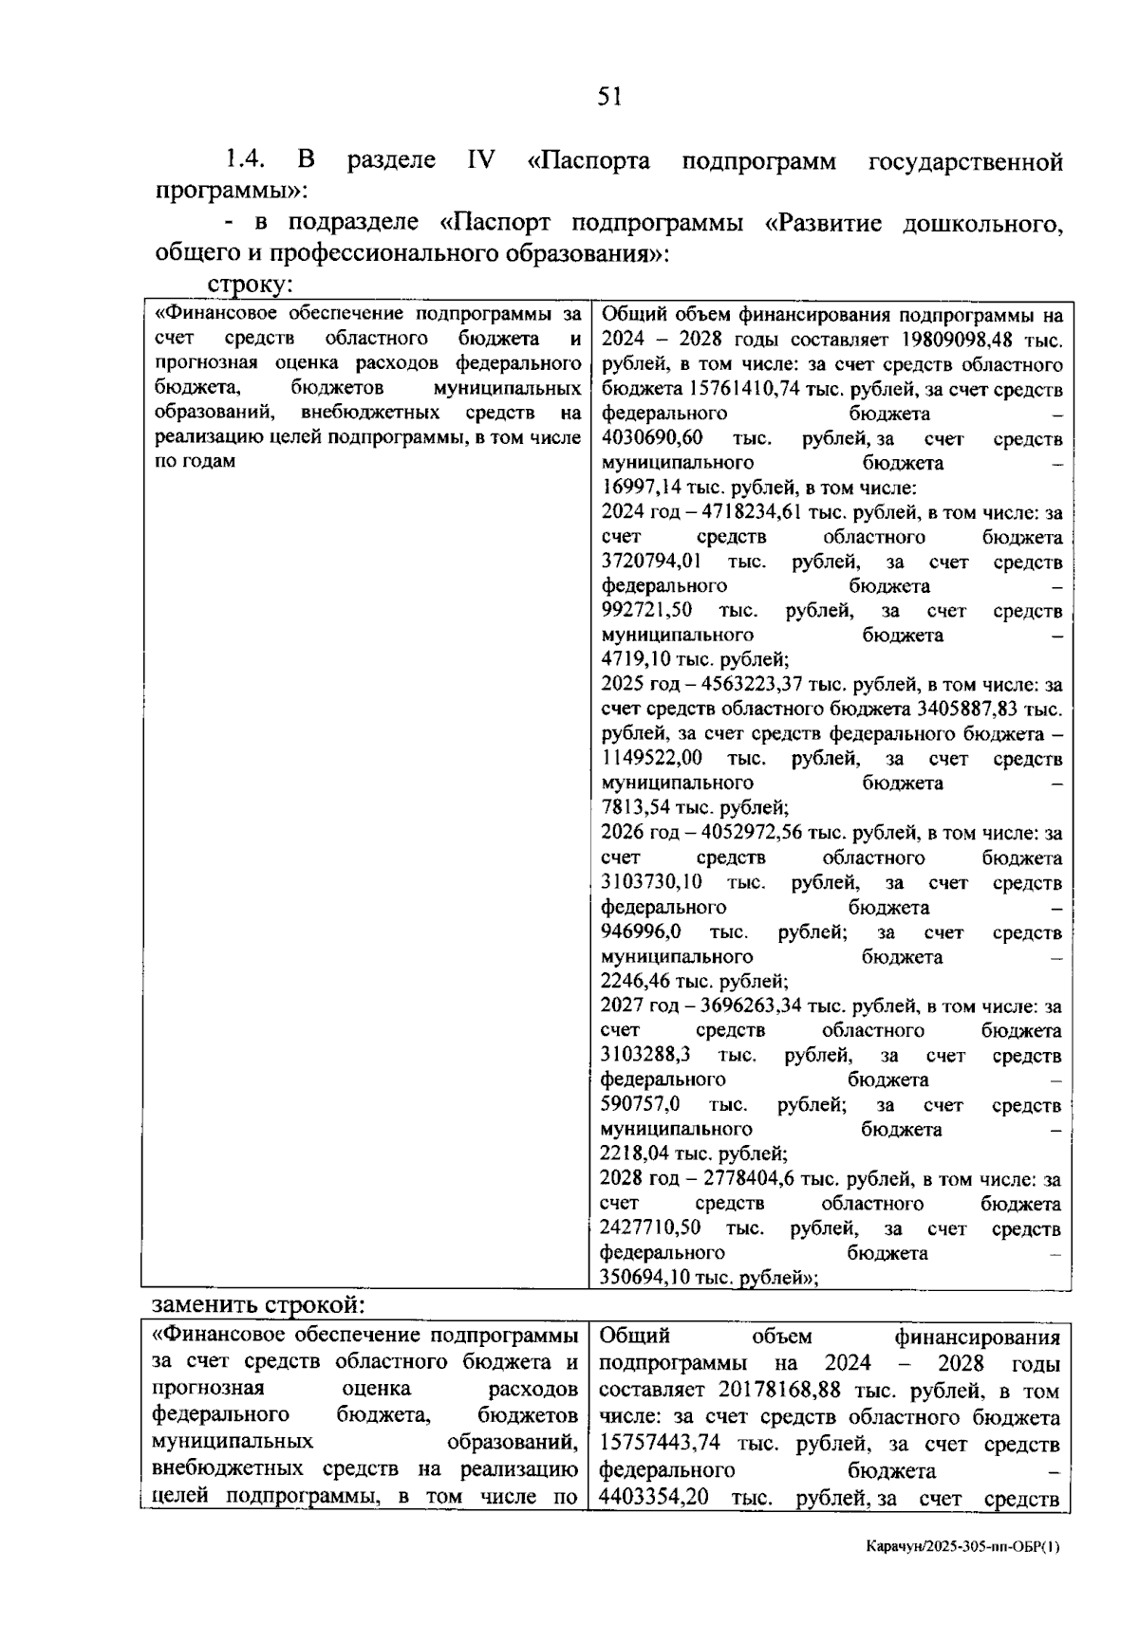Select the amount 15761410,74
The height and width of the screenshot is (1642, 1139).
tap(730, 390)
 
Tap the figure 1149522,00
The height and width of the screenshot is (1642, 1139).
tap(652, 759)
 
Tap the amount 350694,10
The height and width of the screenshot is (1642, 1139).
tap(644, 1278)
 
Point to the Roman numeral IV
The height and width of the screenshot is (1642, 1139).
tap(481, 160)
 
